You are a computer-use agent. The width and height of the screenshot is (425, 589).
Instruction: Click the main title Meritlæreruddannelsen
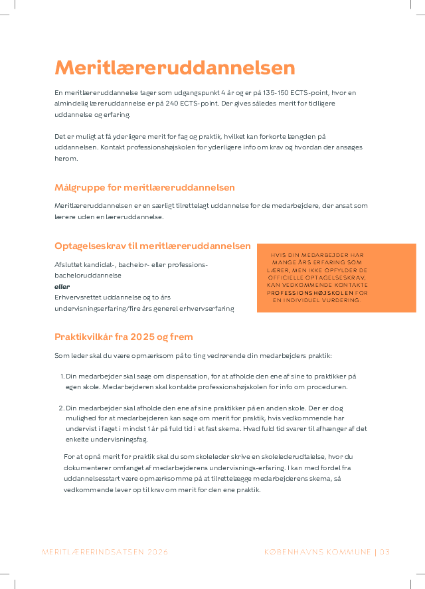[x=175, y=68]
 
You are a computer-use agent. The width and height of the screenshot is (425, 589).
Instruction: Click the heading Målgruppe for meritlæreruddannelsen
[x=145, y=188]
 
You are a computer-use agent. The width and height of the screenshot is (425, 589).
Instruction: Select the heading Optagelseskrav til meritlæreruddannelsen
[x=153, y=246]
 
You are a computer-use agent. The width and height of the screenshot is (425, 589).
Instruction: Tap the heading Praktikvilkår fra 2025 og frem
[x=124, y=337]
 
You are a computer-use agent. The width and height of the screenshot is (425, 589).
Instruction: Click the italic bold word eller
[x=61, y=286]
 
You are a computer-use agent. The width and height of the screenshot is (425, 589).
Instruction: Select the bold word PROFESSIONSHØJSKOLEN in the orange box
[x=310, y=292]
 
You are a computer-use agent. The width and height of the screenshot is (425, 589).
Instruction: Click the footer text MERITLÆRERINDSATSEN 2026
[x=105, y=552]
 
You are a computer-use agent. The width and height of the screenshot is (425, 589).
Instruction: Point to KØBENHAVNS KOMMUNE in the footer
[x=317, y=552]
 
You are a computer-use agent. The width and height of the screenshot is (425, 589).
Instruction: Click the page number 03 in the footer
[x=384, y=552]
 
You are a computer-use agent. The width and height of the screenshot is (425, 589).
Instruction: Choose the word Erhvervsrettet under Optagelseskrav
[x=77, y=297]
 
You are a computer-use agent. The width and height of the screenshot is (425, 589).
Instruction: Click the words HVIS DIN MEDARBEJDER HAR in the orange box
[x=317, y=255]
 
